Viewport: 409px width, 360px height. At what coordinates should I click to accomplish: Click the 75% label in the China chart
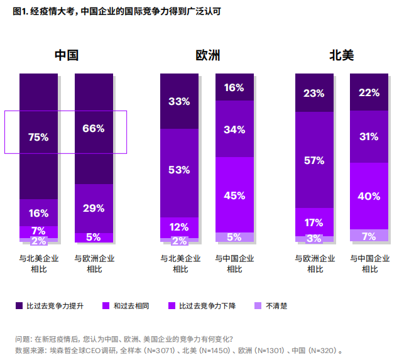[x=38, y=137]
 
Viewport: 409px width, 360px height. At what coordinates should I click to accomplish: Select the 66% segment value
[x=94, y=129]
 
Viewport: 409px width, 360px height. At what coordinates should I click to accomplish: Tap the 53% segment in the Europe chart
[x=179, y=170]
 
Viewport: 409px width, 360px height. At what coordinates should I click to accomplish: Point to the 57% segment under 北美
[x=314, y=160]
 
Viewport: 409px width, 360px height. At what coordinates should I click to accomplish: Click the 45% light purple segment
[x=234, y=195]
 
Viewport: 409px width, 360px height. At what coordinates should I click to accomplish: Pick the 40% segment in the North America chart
[x=369, y=196]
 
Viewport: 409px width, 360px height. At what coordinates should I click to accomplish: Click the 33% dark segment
[x=179, y=101]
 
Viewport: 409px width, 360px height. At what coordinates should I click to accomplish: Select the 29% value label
[x=94, y=208]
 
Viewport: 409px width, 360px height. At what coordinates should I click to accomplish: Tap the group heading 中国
[x=66, y=55]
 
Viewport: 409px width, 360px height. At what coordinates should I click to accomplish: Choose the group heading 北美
[x=342, y=55]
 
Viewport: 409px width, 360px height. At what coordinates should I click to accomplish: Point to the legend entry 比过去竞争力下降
[x=207, y=306]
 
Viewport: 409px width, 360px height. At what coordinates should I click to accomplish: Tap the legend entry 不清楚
[x=276, y=306]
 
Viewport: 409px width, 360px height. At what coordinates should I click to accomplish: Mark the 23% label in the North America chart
[x=314, y=93]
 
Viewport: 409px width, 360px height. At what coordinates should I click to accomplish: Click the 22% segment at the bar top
[x=369, y=92]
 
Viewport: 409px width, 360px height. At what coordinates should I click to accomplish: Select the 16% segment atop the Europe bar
[x=234, y=87]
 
